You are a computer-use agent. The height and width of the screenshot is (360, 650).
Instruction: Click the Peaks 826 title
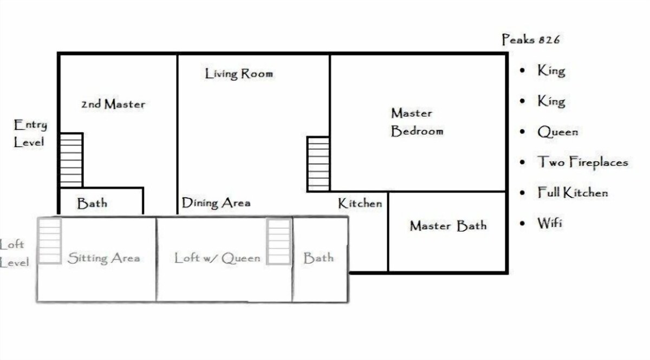(x=531, y=40)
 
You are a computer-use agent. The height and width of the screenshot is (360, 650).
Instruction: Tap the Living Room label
(x=239, y=74)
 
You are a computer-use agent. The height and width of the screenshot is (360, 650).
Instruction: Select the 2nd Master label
(x=113, y=104)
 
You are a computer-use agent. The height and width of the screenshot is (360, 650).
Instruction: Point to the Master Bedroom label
(x=417, y=122)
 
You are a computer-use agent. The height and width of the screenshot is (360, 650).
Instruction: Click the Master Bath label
(x=448, y=226)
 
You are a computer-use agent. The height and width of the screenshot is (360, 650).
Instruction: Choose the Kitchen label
(x=360, y=204)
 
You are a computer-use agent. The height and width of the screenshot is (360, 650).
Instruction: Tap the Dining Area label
(x=216, y=203)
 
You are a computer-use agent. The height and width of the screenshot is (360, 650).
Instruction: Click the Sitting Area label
(x=103, y=258)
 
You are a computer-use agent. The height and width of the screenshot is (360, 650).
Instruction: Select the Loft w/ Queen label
(x=217, y=258)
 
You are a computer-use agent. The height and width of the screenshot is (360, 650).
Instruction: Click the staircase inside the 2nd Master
(x=71, y=160)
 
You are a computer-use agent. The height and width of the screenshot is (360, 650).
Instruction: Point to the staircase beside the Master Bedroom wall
(x=318, y=164)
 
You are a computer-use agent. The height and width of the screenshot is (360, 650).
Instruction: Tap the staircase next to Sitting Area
(x=50, y=241)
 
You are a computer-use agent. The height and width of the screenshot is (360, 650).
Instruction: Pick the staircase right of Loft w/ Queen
(x=279, y=241)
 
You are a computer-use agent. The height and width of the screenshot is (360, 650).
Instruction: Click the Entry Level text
(x=30, y=134)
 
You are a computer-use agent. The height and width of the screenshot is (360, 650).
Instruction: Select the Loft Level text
(x=14, y=253)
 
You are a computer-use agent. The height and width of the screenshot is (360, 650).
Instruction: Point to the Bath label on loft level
(x=318, y=258)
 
